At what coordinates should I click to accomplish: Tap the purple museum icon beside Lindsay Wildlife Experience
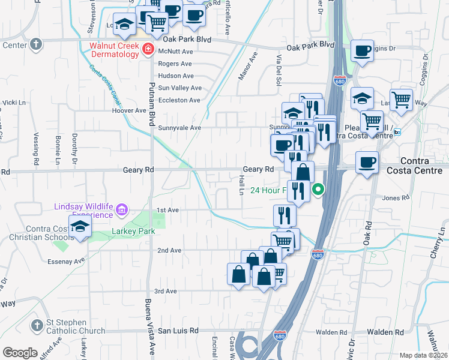tap(122, 210)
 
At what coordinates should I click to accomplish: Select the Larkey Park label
tap(133, 232)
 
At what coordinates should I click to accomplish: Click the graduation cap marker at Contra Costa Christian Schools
tap(79, 227)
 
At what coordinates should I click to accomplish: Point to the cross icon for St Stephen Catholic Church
tap(37, 326)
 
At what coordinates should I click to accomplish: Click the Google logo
tap(20, 353)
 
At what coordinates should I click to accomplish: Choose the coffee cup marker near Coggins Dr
tap(362, 51)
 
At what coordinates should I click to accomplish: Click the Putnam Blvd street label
tap(152, 98)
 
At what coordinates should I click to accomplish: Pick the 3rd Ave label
tap(165, 291)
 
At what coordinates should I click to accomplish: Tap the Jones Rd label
tap(391, 198)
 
